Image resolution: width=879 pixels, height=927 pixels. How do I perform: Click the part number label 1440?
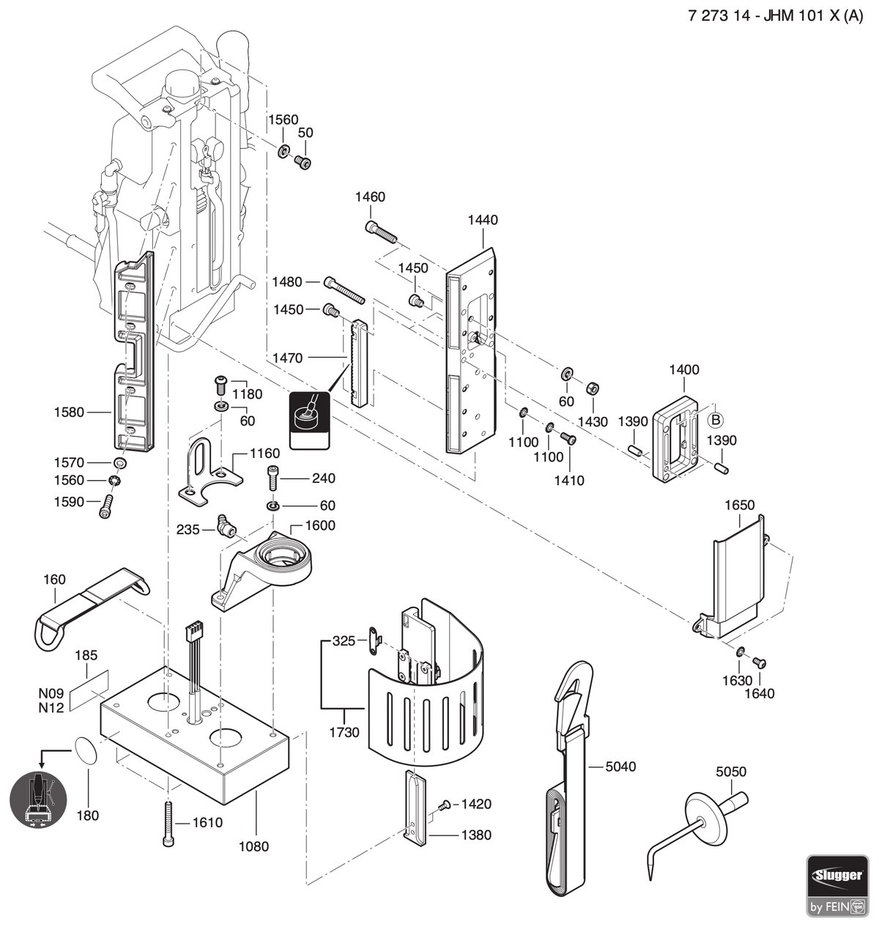point(483,220)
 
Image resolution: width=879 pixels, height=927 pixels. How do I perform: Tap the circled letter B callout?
point(716,420)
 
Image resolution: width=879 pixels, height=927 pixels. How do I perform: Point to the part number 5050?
point(731,772)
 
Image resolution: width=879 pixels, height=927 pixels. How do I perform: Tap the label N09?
point(51,693)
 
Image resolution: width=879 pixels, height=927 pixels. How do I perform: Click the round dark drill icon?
point(38,800)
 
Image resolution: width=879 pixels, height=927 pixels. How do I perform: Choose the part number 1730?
point(344,732)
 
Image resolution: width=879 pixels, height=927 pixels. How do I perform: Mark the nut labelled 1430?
point(592,389)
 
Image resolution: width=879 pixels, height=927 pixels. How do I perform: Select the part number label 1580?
point(69,412)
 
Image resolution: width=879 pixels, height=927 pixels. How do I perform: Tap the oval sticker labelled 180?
point(86,750)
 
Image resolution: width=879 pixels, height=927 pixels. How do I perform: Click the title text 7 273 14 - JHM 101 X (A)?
point(775,16)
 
